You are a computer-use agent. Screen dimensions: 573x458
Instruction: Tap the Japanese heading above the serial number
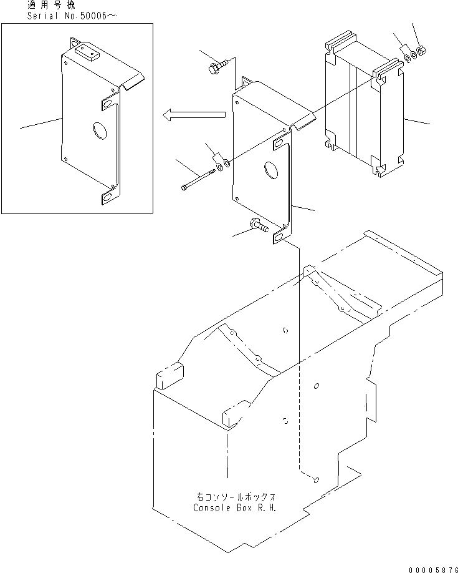tap(50, 5)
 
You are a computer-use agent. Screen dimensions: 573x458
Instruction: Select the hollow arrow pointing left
tap(193, 114)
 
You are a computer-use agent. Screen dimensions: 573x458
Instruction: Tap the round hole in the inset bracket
tap(99, 131)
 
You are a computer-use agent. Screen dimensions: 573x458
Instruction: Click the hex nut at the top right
tap(421, 50)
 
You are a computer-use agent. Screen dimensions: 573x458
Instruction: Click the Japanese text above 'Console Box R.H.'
tap(235, 497)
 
